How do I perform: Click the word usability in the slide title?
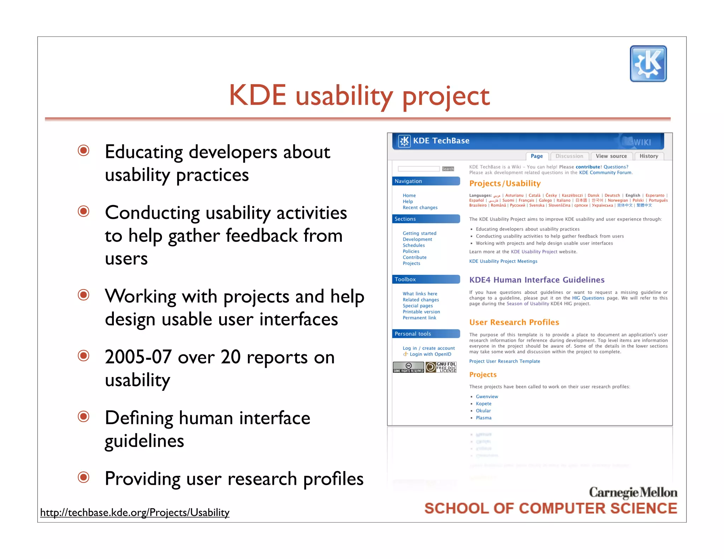[344, 96]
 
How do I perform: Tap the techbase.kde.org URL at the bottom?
[135, 512]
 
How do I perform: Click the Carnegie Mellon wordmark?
[633, 492]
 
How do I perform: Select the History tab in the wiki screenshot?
[648, 156]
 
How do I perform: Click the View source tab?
[611, 156]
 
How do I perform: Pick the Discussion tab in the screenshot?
[569, 156]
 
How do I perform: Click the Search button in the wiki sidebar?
[448, 169]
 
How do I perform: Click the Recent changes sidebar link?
[420, 207]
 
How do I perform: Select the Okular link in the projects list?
[483, 411]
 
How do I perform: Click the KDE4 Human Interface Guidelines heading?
[537, 280]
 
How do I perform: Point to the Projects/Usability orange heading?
[504, 183]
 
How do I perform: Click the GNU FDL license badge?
[441, 367]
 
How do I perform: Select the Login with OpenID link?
[430, 354]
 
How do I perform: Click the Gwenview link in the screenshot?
[486, 396]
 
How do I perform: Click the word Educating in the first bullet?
[144, 152]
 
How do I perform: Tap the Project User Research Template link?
[504, 361]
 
